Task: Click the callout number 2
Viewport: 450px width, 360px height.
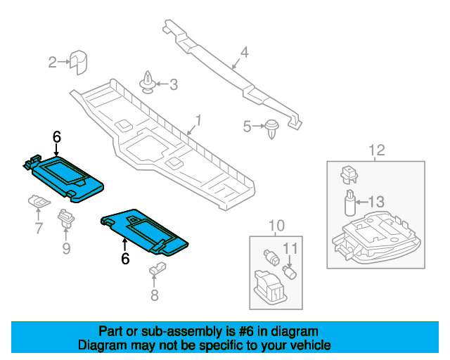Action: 53,62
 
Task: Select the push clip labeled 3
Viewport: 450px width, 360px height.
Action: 148,83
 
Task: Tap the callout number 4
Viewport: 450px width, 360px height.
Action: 244,52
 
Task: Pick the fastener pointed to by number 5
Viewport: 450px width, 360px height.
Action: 272,129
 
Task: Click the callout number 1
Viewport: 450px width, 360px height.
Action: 198,120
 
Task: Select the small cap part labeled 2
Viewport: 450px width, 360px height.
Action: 78,63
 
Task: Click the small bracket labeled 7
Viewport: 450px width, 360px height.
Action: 39,201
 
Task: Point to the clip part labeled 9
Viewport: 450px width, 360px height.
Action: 66,219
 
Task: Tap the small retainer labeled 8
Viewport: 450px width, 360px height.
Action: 157,268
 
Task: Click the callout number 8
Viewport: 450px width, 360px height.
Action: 155,295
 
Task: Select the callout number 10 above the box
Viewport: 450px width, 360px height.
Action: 276,226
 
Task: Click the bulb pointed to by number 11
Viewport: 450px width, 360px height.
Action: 290,272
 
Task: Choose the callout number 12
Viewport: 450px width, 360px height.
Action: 377,150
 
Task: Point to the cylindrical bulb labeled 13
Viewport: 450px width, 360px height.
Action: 350,202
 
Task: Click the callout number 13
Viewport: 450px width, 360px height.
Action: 376,202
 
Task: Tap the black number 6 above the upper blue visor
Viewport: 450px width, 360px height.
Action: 57,137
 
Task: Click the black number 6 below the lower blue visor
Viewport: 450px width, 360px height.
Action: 125,259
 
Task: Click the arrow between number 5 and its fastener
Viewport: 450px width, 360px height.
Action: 259,126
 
